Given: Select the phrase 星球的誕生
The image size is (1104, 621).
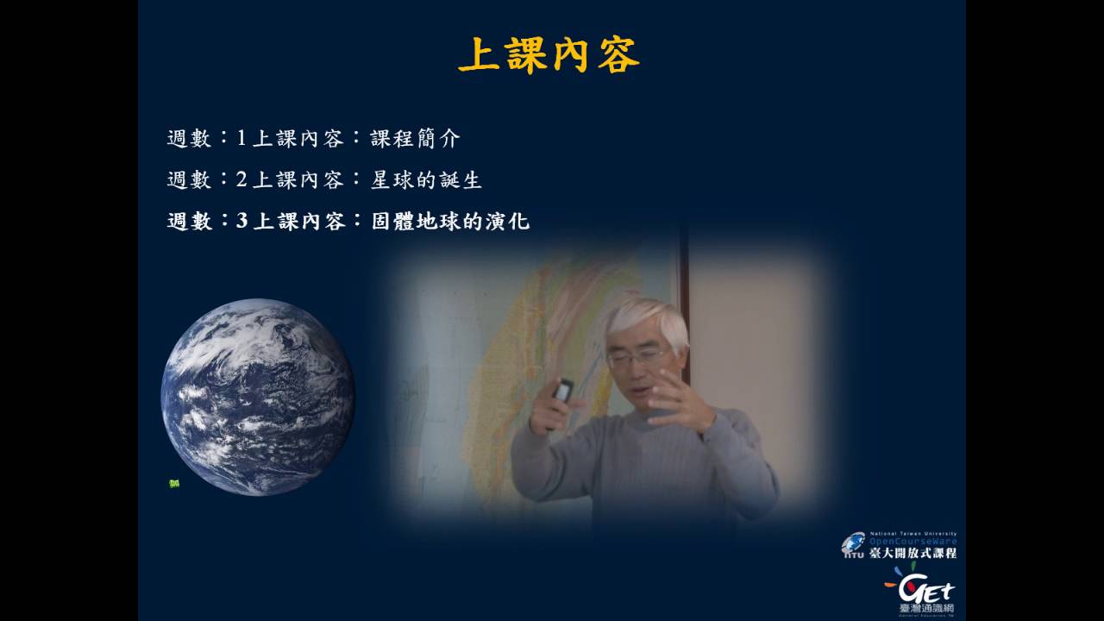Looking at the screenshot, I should [425, 179].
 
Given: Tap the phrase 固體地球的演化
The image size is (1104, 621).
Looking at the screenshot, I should [449, 221].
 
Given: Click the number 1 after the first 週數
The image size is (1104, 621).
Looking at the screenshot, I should [241, 138].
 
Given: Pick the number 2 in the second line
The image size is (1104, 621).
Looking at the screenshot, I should [241, 179].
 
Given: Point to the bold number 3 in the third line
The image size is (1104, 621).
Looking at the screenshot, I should [241, 221].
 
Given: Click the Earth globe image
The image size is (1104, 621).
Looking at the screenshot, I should [258, 397].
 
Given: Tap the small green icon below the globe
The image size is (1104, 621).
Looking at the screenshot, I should [173, 484].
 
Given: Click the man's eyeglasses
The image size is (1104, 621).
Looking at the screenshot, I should [636, 356].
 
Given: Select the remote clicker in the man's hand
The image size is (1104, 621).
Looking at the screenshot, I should [562, 392].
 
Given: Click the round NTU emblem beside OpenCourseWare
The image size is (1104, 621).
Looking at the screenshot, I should [853, 544].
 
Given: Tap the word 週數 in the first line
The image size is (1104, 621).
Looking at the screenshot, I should [189, 138].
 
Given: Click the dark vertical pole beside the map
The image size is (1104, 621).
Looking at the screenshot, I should [683, 285].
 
